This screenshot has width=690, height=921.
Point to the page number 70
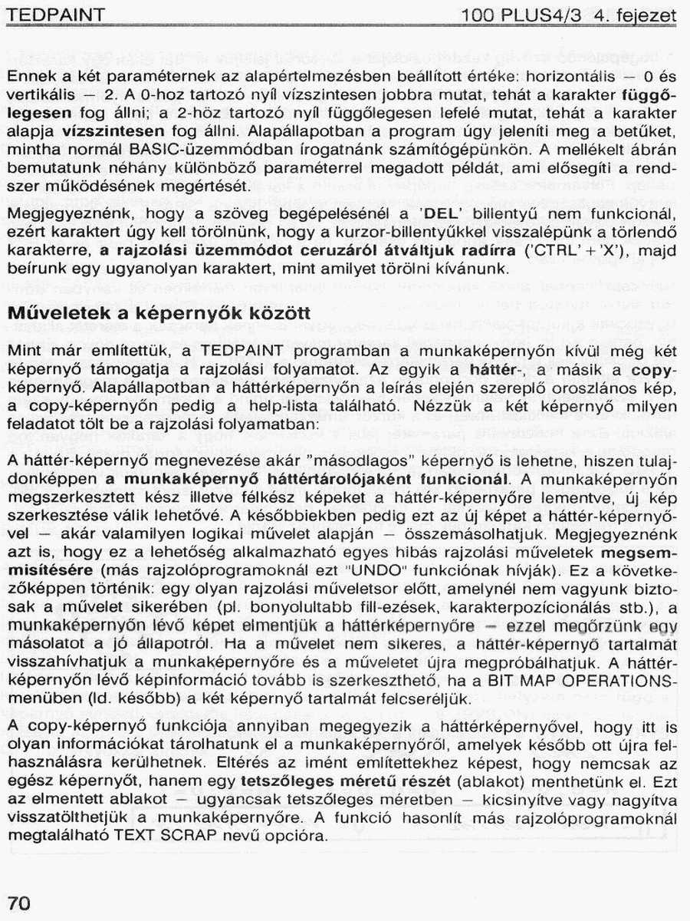point(19,903)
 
